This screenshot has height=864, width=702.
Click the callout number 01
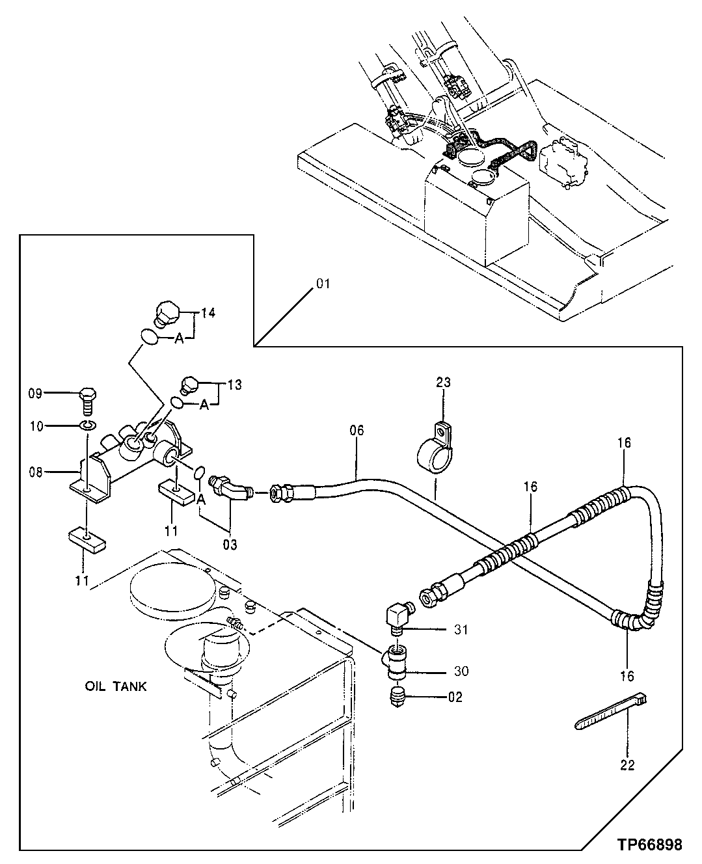coord(323,284)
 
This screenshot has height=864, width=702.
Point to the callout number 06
coord(357,430)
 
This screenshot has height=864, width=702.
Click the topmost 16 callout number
coord(624,443)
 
